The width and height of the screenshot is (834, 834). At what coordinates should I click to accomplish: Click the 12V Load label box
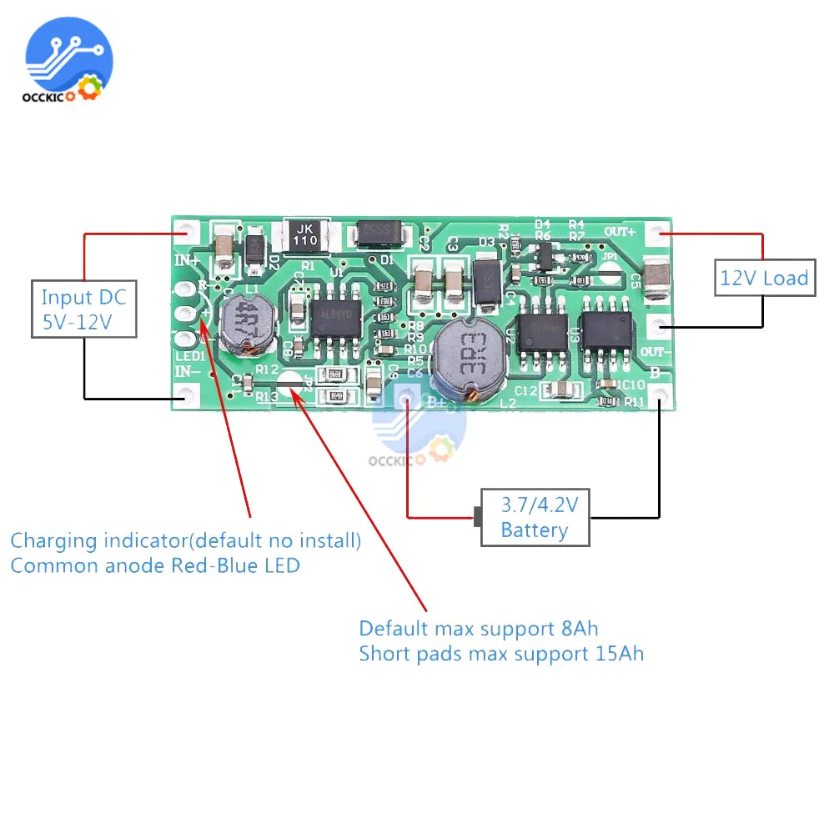pyautogui.click(x=764, y=278)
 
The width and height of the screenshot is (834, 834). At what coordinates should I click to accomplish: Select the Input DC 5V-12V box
pyautogui.click(x=83, y=309)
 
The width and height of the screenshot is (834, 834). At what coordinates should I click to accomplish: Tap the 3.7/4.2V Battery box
pyautogui.click(x=535, y=518)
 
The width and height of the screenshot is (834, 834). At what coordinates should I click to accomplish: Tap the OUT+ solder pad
pyautogui.click(x=659, y=234)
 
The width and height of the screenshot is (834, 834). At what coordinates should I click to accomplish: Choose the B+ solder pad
pyautogui.click(x=407, y=399)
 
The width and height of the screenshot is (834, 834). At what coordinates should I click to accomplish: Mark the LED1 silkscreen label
pyautogui.click(x=188, y=357)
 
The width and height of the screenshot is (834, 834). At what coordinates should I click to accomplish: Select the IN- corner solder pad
pyautogui.click(x=182, y=399)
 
